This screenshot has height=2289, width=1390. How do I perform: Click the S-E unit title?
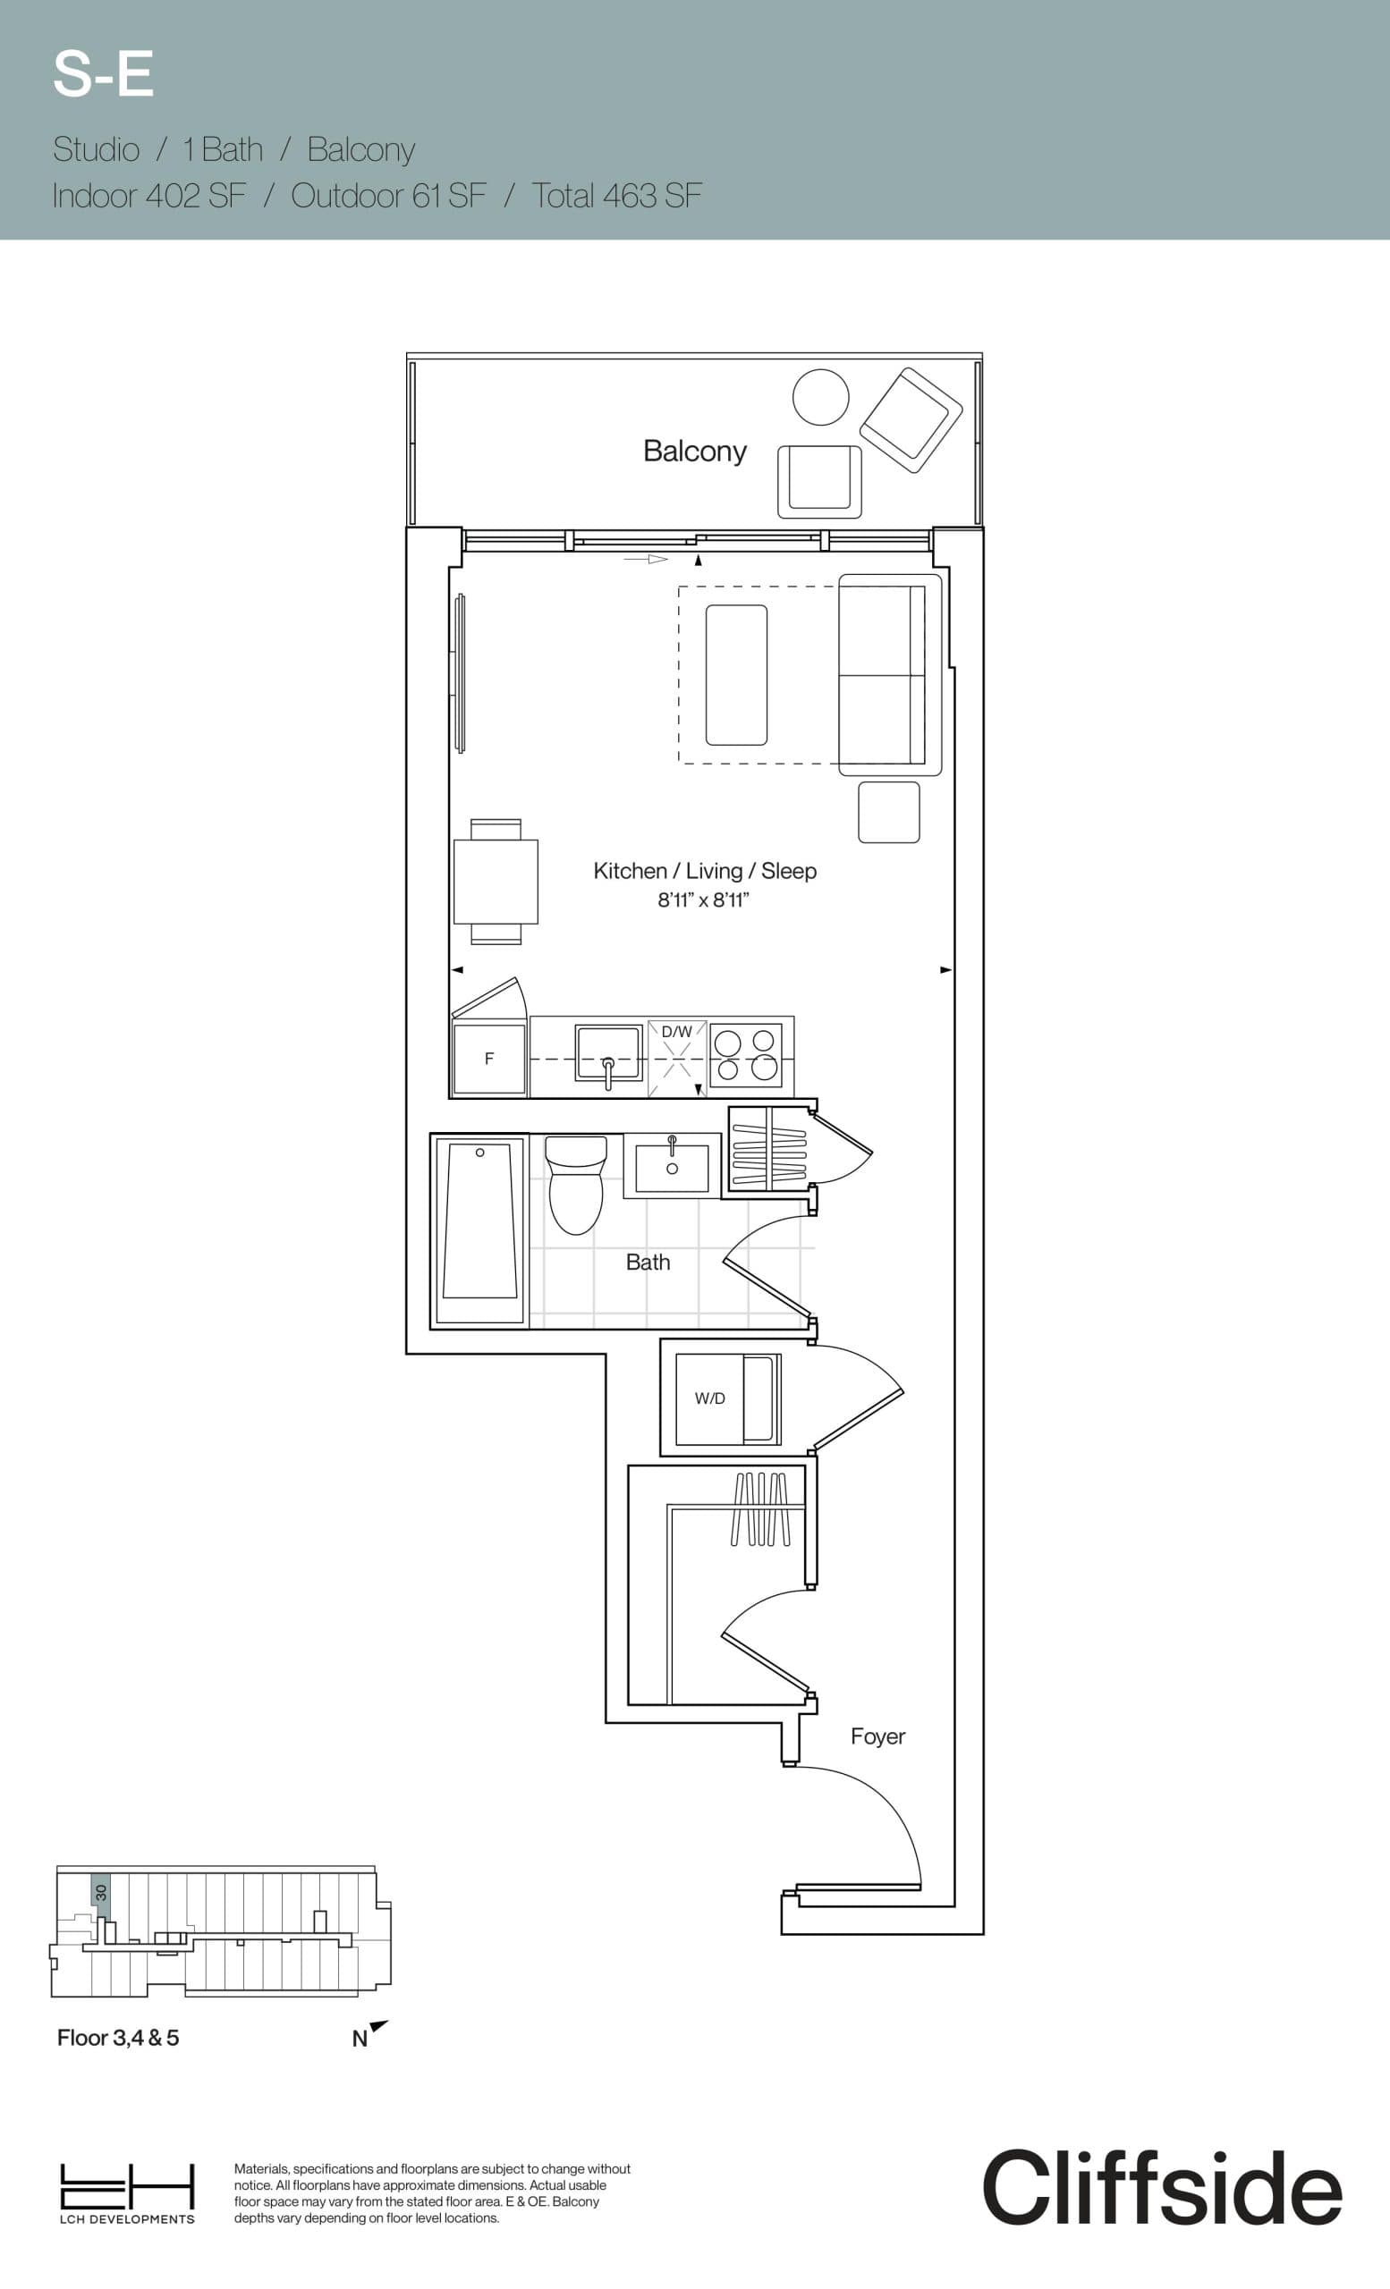pyautogui.click(x=103, y=74)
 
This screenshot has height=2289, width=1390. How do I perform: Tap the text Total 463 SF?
pyautogui.click(x=616, y=196)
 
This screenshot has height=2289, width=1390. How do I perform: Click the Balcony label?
pyautogui.click(x=694, y=452)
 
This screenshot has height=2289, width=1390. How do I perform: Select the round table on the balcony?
pyautogui.click(x=820, y=397)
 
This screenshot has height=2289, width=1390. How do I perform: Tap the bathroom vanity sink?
pyautogui.click(x=671, y=1167)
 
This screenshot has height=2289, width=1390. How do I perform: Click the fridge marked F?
pyautogui.click(x=488, y=1059)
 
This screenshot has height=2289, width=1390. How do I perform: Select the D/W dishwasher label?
pyautogui.click(x=676, y=1031)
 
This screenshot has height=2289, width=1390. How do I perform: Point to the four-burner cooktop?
pyautogui.click(x=746, y=1055)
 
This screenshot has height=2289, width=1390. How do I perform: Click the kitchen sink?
pyautogui.click(x=608, y=1052)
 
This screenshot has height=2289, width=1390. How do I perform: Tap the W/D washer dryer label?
pyautogui.click(x=710, y=1398)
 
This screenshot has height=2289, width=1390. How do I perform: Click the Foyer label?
pyautogui.click(x=877, y=1736)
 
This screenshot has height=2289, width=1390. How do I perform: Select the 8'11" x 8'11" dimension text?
pyautogui.click(x=703, y=900)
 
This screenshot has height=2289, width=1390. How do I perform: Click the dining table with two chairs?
pyautogui.click(x=496, y=882)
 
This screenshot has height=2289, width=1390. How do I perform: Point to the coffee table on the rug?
pyautogui.click(x=736, y=674)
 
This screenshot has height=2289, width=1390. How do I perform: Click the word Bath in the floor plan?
pyautogui.click(x=648, y=1262)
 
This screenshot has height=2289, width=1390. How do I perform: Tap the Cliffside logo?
pyautogui.click(x=1161, y=2188)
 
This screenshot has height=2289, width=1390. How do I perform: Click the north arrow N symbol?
pyautogui.click(x=369, y=2035)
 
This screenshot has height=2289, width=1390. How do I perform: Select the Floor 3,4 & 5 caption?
pyautogui.click(x=118, y=2037)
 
